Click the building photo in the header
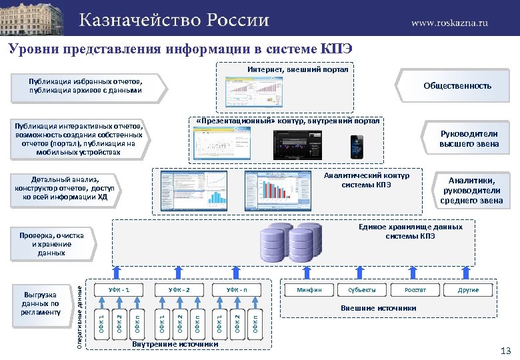click(34, 19)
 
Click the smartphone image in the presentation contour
click(358, 147)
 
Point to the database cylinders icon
click(287, 243)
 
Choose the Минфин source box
click(310, 290)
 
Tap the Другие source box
click(467, 290)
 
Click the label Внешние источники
click(378, 308)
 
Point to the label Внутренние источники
click(175, 344)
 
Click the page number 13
click(505, 351)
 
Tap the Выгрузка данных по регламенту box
click(41, 303)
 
